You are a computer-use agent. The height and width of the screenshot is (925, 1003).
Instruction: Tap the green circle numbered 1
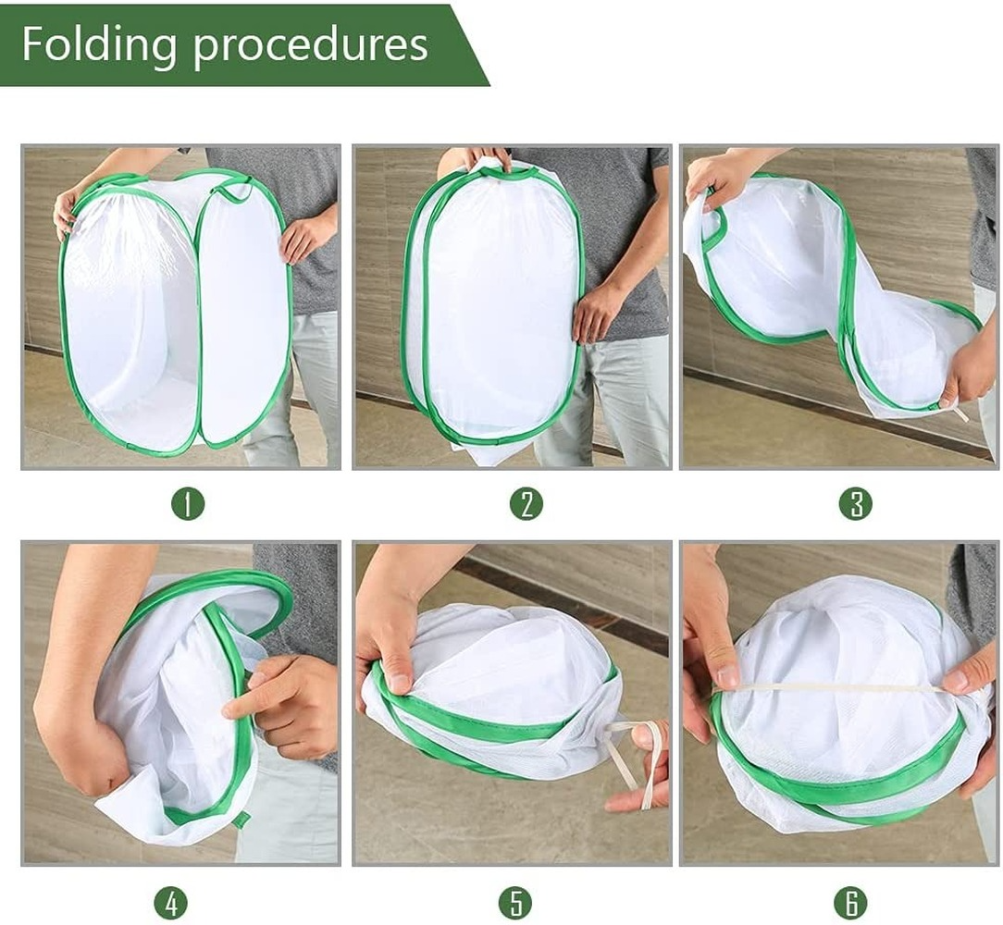[x=188, y=503]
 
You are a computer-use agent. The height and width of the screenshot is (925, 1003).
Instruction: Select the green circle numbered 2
[x=526, y=503]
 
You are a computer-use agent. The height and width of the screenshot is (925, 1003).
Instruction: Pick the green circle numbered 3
[x=856, y=503]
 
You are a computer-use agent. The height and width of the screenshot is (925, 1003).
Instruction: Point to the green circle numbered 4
[x=171, y=903]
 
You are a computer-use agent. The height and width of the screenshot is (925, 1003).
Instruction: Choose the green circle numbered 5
[x=515, y=903]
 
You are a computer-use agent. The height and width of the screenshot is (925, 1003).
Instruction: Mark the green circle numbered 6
[x=851, y=903]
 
